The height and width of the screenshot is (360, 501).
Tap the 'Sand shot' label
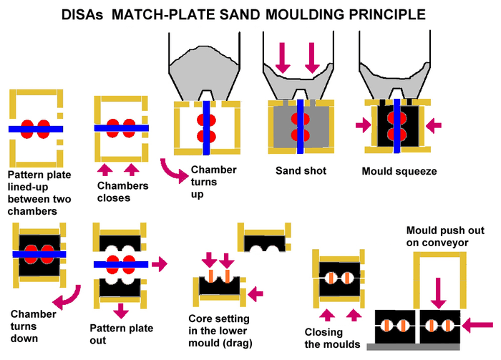301,171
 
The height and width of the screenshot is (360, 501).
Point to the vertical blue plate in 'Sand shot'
300,125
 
